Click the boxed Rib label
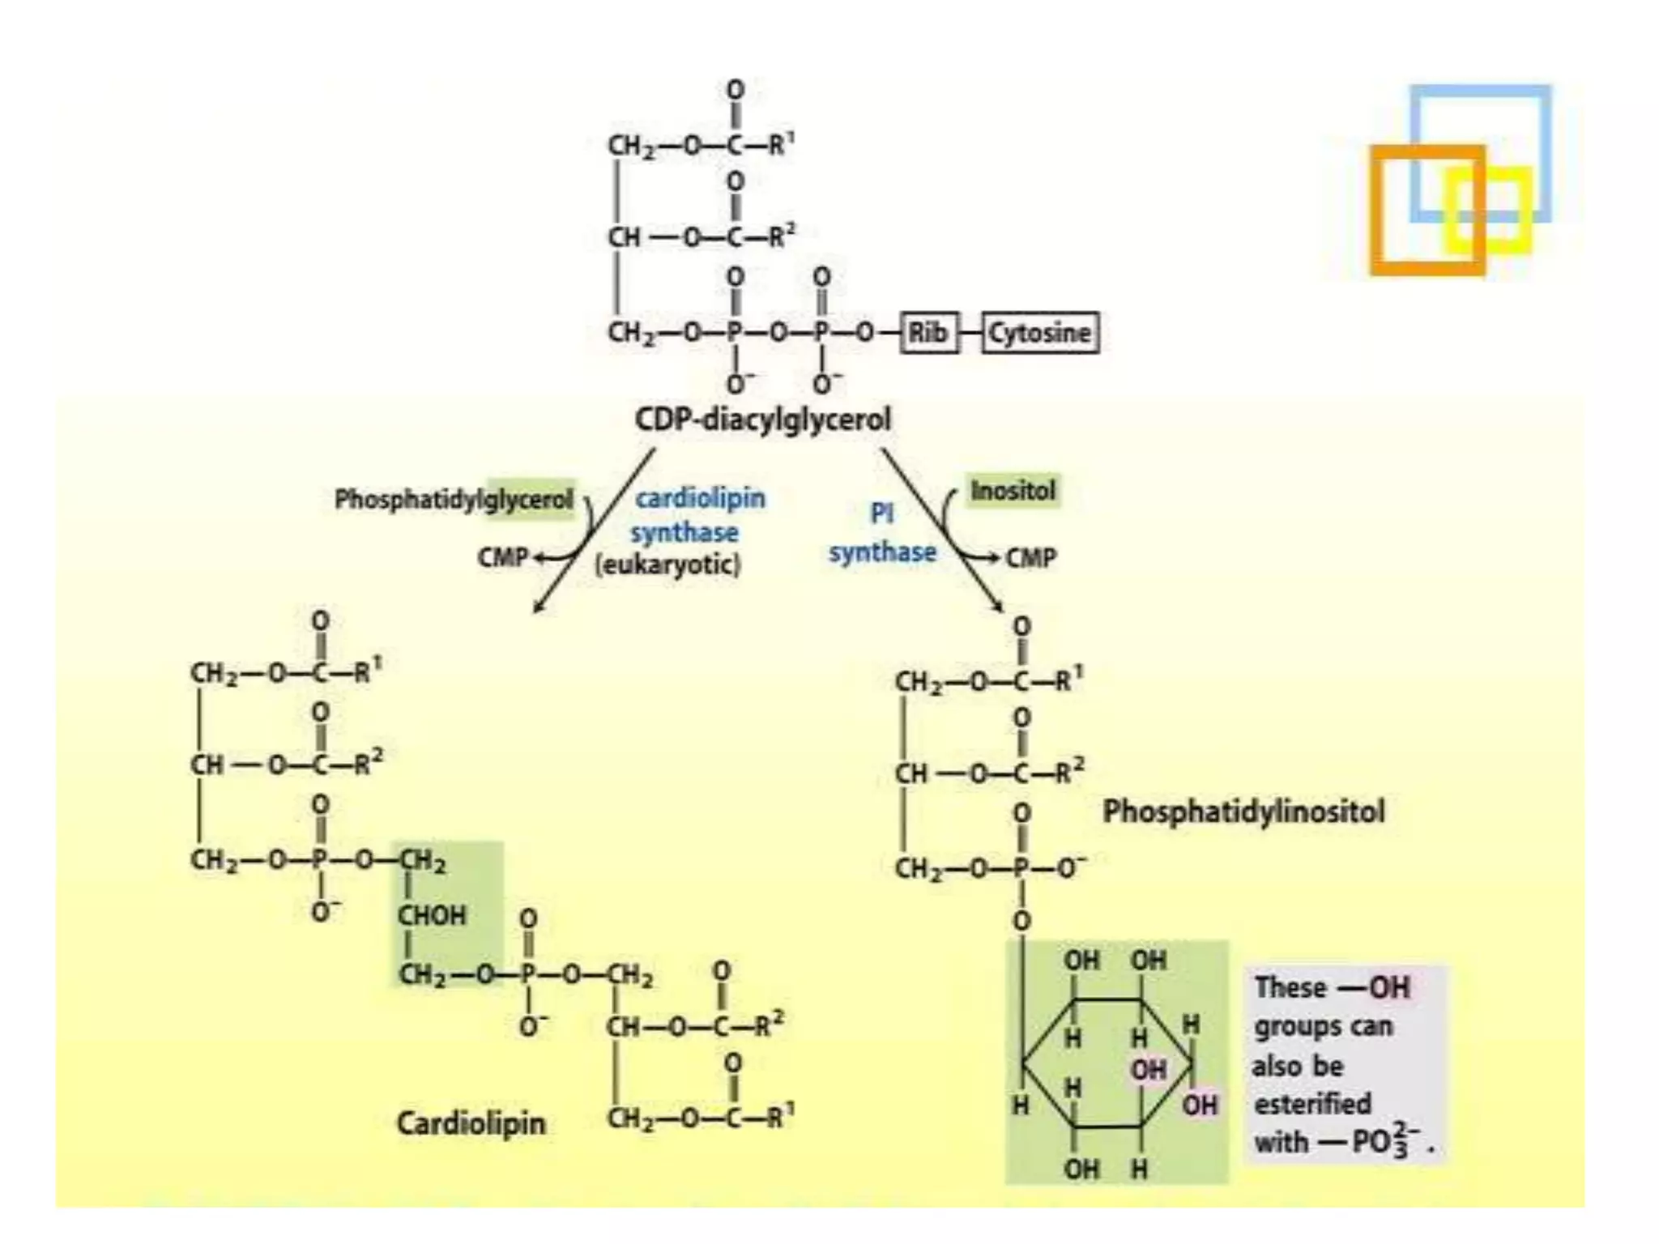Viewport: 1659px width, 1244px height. [x=928, y=333]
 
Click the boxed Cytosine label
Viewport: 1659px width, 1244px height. [x=1040, y=333]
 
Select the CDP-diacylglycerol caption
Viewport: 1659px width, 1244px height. [x=762, y=420]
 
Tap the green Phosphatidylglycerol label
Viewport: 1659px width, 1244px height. [x=454, y=499]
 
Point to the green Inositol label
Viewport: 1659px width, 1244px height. [x=1013, y=491]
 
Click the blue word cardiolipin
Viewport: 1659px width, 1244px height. [x=700, y=497]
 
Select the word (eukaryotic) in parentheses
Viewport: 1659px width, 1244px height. [x=668, y=564]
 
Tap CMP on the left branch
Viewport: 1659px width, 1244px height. [x=502, y=557]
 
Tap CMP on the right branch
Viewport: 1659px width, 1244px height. [x=1031, y=557]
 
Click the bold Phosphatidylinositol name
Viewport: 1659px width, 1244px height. [x=1243, y=812]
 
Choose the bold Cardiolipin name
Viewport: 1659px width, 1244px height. [x=471, y=1123]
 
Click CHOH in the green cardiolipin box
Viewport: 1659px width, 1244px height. [x=432, y=916]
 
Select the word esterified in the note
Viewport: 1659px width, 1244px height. [x=1312, y=1104]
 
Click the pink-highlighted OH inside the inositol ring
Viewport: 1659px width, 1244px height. [x=1149, y=1071]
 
